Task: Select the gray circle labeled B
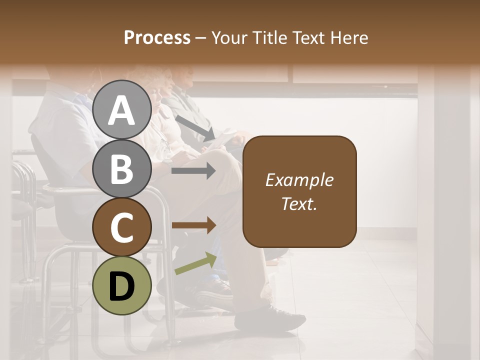coord(122,168)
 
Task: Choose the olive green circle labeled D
coord(122,285)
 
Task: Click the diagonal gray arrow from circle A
coord(195,127)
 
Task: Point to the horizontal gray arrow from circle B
coord(193,171)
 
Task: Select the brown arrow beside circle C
coord(193,225)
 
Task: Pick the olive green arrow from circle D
coord(195,263)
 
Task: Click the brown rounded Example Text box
coord(299,191)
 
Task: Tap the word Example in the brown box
coord(299,180)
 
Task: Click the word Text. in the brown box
coord(299,203)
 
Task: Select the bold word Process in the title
coord(157,37)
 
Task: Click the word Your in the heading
coord(228,37)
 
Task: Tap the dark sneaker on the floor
coord(270,318)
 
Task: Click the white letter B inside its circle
coord(122,168)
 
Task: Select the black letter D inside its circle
coord(122,286)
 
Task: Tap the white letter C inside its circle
coord(122,227)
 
